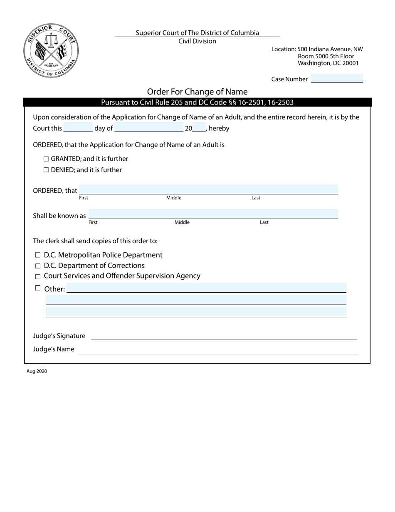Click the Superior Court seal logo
(x=51, y=50)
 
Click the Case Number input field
(x=337, y=79)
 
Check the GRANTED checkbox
(x=46, y=159)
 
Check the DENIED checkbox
(x=46, y=170)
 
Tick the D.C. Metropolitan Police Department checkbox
(x=38, y=255)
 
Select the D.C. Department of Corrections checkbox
(x=38, y=266)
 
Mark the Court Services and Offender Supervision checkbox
(x=38, y=276)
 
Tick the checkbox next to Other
(x=38, y=288)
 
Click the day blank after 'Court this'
(x=78, y=128)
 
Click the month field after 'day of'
(x=148, y=128)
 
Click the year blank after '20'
(x=199, y=128)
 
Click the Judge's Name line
(x=218, y=350)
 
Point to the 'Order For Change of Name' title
(x=197, y=92)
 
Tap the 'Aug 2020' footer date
(x=37, y=371)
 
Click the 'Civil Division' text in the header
(x=197, y=41)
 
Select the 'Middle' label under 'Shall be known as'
(x=182, y=222)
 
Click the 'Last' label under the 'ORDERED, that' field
(x=256, y=198)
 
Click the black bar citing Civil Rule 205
(x=197, y=102)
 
